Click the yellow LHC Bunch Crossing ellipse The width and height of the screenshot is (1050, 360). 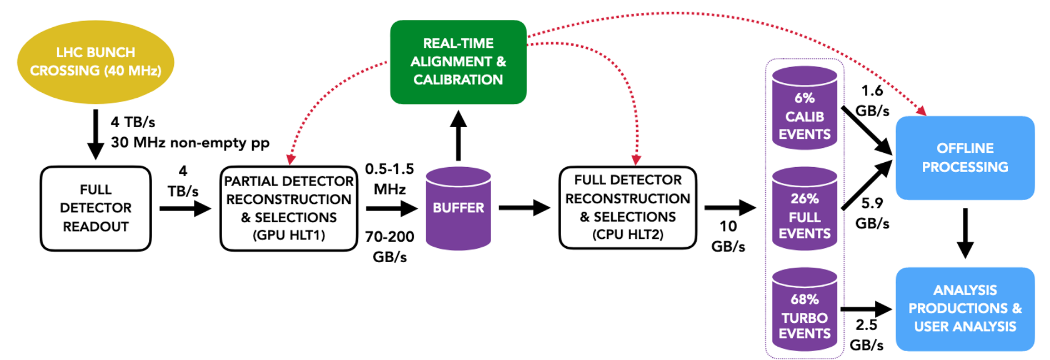point(96,62)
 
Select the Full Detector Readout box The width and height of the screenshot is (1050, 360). point(96,208)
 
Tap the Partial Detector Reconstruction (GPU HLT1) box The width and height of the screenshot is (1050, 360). point(288,208)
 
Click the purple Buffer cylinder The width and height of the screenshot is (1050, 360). point(458,208)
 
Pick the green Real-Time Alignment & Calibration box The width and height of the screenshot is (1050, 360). point(458,62)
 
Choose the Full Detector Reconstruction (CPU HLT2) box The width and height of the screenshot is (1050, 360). point(628,208)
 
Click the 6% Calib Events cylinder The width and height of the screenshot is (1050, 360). point(804,108)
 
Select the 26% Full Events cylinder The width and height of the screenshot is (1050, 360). point(804,209)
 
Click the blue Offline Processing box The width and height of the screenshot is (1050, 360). point(965,158)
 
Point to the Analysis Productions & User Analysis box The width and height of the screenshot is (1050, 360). point(965,309)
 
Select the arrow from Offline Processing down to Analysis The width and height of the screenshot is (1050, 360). point(965,232)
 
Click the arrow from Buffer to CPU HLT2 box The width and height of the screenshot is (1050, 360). point(524,208)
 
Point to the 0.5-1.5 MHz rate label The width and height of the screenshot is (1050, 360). point(389,179)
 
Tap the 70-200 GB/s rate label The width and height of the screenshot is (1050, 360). point(389,247)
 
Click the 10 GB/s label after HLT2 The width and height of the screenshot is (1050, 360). point(728,236)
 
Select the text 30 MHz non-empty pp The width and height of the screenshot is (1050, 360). point(190,143)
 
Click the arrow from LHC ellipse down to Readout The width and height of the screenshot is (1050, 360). point(96,134)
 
